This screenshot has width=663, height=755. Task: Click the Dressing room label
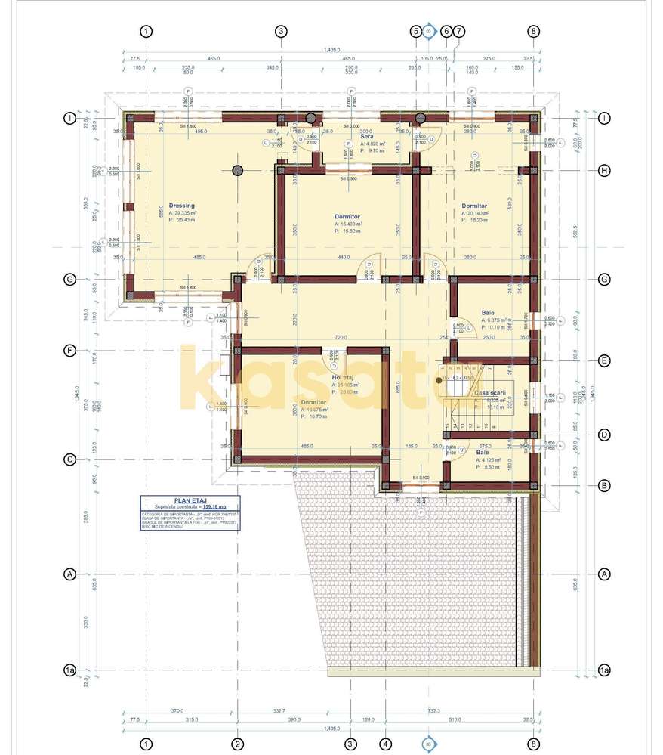pyautogui.click(x=181, y=206)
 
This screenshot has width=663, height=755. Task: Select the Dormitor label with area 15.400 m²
pyautogui.click(x=347, y=217)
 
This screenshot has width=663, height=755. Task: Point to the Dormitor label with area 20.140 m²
pyautogui.click(x=474, y=206)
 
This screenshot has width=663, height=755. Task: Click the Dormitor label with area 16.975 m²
pyautogui.click(x=313, y=402)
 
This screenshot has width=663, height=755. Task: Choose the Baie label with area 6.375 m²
pyautogui.click(x=489, y=313)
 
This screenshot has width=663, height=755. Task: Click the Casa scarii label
pyautogui.click(x=489, y=393)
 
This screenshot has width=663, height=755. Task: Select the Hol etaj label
pyautogui.click(x=344, y=377)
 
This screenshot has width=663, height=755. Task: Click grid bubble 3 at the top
pyautogui.click(x=281, y=31)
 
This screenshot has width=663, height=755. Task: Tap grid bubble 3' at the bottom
pyautogui.click(x=350, y=743)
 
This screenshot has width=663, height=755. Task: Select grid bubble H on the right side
pyautogui.click(x=604, y=170)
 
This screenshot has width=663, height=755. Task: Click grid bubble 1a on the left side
pyautogui.click(x=69, y=670)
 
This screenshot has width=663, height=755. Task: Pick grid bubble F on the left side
pyautogui.click(x=69, y=351)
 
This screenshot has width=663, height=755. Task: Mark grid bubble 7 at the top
pyautogui.click(x=459, y=31)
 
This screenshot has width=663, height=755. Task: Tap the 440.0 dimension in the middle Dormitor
pyautogui.click(x=344, y=258)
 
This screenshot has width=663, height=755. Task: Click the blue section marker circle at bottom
pyautogui.click(x=428, y=741)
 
